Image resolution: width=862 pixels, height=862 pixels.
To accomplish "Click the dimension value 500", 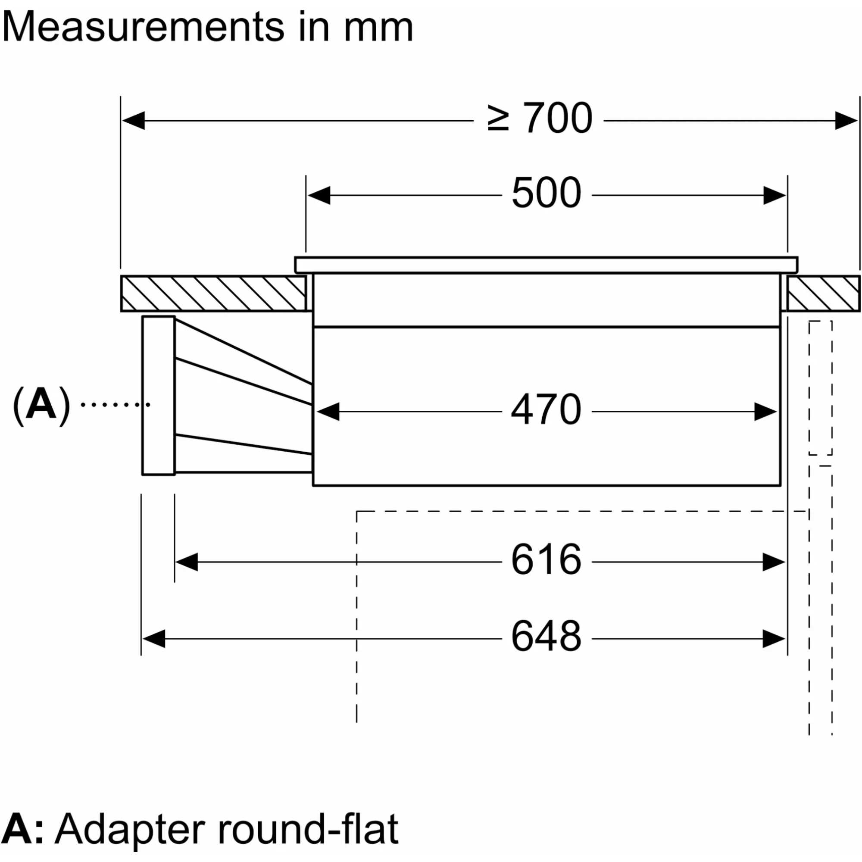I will (546, 193).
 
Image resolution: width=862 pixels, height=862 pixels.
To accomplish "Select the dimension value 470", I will (546, 409).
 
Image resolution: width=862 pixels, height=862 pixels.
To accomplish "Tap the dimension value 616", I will (546, 559).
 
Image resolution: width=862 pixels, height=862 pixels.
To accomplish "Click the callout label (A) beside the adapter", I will (41, 405).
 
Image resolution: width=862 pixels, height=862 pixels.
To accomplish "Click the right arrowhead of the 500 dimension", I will (775, 195).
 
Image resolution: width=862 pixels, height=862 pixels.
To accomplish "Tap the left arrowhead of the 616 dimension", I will (187, 562).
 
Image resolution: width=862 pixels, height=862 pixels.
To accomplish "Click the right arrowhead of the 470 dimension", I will (765, 412).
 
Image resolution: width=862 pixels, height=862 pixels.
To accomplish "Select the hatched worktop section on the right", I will (823, 294).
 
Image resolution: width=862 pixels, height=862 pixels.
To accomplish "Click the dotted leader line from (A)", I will (115, 405).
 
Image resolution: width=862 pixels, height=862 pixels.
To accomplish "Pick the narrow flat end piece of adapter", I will (158, 396).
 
